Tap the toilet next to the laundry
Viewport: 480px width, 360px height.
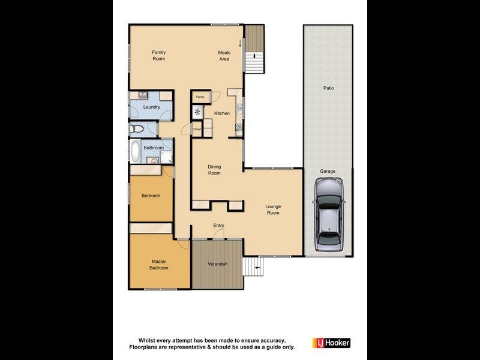pyautogui.click(x=137, y=128)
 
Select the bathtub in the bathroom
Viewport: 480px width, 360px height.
pyautogui.click(x=135, y=152)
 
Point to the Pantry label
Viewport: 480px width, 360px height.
pyautogui.click(x=200, y=97)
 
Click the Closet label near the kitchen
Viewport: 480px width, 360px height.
pyautogui.click(x=197, y=128)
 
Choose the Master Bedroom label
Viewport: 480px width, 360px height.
pyautogui.click(x=158, y=265)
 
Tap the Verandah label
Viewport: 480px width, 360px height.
pyautogui.click(x=218, y=264)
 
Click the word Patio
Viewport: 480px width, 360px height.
pyautogui.click(x=328, y=88)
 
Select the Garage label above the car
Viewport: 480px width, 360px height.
pyautogui.click(x=328, y=171)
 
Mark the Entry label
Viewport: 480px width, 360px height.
pyautogui.click(x=219, y=225)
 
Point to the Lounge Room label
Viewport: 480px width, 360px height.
pyautogui.click(x=273, y=209)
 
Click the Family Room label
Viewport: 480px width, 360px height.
pyautogui.click(x=158, y=55)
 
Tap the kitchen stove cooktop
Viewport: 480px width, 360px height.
pyautogui.click(x=238, y=127)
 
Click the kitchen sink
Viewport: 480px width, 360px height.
pyautogui.click(x=239, y=108)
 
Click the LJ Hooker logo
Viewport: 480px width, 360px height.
pyautogui.click(x=331, y=343)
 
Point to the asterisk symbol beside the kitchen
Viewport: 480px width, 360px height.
pyautogui.click(x=197, y=112)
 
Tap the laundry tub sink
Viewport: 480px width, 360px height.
pyautogui.click(x=143, y=95)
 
